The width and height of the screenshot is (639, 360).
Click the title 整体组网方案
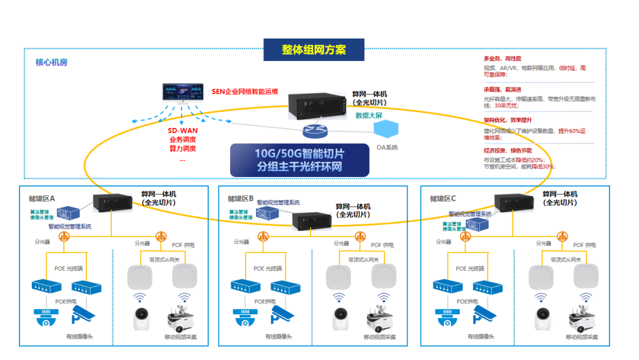[314, 50]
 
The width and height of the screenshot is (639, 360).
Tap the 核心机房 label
[51, 62]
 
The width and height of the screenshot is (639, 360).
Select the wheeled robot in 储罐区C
[582, 316]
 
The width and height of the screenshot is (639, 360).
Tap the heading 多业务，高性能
[502, 59]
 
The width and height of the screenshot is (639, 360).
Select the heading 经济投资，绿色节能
[508, 150]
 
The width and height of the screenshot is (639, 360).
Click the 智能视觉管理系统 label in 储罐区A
[70, 226]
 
